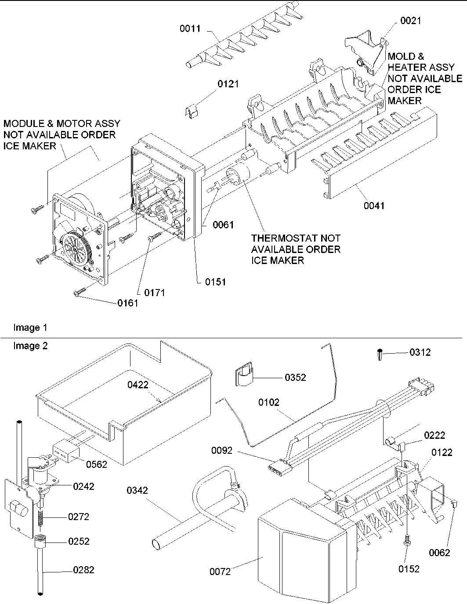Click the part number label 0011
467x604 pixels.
pos(190,29)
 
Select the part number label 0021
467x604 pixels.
pos(410,21)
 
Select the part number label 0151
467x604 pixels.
pos(215,282)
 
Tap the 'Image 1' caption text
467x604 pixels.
pos(30,328)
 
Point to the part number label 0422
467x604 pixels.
pos(138,385)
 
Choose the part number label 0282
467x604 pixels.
pos(83,570)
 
